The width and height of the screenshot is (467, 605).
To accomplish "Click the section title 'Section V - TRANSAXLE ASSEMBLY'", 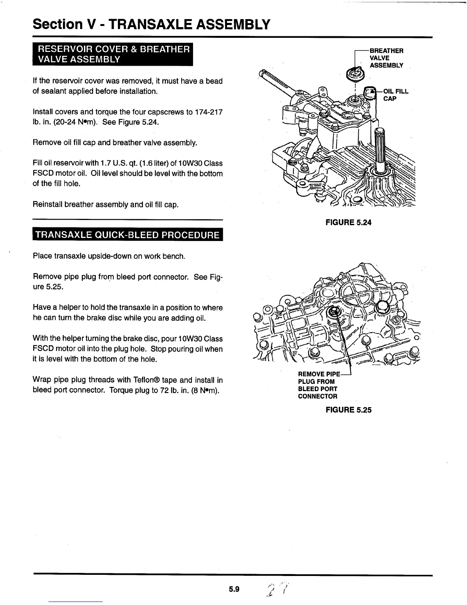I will [x=151, y=24].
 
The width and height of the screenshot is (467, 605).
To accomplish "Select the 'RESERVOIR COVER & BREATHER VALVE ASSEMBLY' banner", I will [x=113, y=55].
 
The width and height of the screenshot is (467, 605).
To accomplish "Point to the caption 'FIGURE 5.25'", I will [x=348, y=410].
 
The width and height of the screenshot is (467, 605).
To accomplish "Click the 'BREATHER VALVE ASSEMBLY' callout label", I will [x=386, y=58].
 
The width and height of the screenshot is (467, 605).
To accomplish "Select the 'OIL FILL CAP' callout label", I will [x=395, y=95].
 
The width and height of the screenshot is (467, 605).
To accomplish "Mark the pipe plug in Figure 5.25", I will [x=335, y=312].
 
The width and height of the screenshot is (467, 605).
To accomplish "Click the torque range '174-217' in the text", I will [x=209, y=112].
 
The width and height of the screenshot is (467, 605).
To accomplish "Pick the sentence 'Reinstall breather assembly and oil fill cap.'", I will [x=106, y=204].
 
